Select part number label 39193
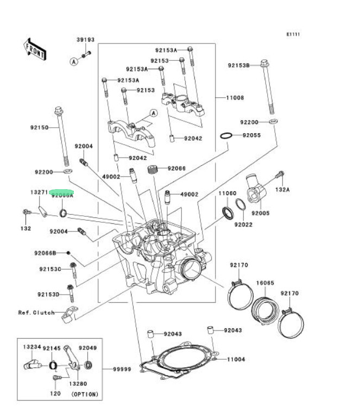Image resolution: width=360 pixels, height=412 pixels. (x=85, y=40)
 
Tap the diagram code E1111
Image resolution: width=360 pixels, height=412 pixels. (x=293, y=34)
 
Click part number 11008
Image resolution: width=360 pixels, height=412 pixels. (x=235, y=98)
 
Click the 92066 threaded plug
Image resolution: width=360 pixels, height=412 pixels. (x=154, y=169)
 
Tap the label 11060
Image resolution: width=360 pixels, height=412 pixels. (x=227, y=193)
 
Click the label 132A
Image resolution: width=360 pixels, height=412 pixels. (x=282, y=190)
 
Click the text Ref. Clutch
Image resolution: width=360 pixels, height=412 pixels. (x=36, y=313)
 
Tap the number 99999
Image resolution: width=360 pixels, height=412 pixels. (x=122, y=369)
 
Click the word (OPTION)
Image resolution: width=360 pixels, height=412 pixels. (x=85, y=394)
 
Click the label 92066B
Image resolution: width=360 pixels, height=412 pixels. (x=45, y=253)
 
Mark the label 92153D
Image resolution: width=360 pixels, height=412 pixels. (x=49, y=294)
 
